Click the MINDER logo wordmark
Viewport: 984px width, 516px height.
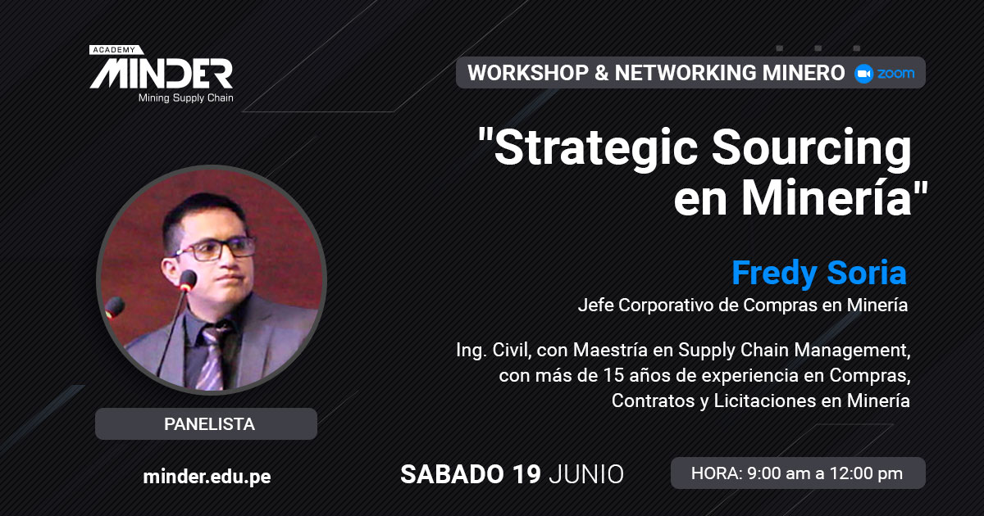pos(162,74)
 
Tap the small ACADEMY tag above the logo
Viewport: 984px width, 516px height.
pos(116,50)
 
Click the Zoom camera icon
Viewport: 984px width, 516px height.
pos(863,73)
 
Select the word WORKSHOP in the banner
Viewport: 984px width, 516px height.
pos(528,73)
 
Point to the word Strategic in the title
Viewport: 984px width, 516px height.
pos(596,148)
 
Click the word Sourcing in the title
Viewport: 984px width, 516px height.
pos(812,148)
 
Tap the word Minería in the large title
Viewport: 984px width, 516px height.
pos(827,197)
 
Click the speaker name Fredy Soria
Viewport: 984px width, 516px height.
pos(819,273)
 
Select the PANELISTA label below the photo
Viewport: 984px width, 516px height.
pos(209,424)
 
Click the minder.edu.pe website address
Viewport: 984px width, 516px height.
pos(207,477)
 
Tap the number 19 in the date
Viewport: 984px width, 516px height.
pos(526,474)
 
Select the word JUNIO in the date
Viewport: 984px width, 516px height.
pos(586,474)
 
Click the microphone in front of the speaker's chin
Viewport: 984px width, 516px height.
pos(188,281)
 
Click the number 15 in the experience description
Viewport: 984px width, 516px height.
pos(613,375)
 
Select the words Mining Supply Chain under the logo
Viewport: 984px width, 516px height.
pos(186,97)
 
